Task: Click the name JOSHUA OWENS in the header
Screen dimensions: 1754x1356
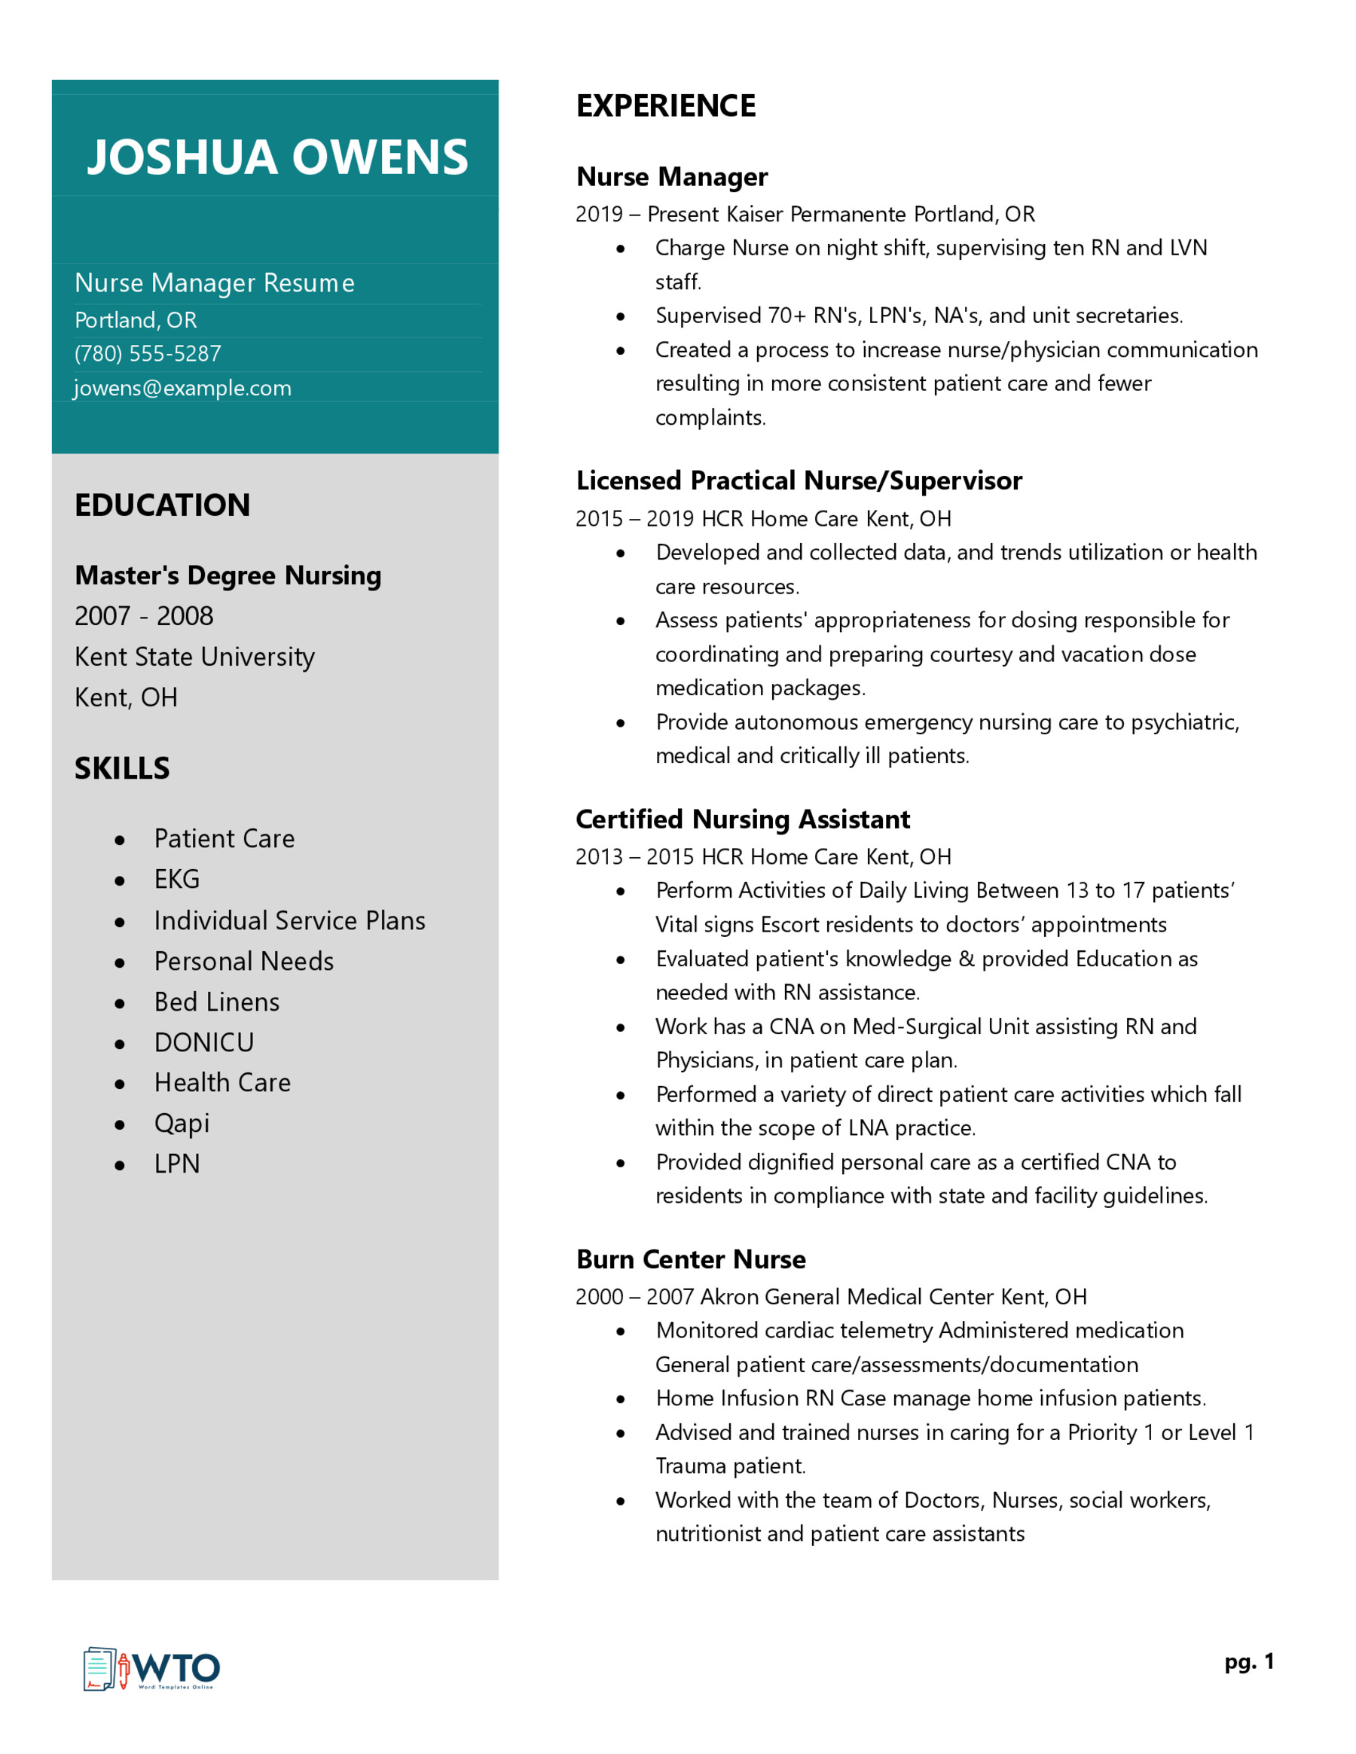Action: pyautogui.click(x=277, y=157)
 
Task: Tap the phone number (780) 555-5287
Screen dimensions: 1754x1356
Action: pyautogui.click(x=148, y=353)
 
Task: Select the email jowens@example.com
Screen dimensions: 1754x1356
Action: pyautogui.click(x=182, y=388)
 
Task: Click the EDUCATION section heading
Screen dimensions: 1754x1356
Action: pyautogui.click(x=162, y=505)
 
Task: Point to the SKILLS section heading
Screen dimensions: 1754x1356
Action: pyautogui.click(x=122, y=769)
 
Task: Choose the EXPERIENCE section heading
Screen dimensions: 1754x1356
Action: pyautogui.click(x=666, y=106)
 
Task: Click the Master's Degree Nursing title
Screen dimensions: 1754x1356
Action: pyautogui.click(x=228, y=576)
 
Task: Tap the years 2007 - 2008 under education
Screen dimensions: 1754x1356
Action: pyautogui.click(x=144, y=616)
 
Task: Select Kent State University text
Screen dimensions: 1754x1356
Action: pyautogui.click(x=194, y=657)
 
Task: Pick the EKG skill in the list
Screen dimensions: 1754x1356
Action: pyautogui.click(x=177, y=880)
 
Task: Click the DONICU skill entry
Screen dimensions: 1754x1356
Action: pyautogui.click(x=204, y=1042)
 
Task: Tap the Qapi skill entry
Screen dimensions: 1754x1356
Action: pyautogui.click(x=182, y=1124)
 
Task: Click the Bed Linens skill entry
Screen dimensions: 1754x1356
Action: pyautogui.click(x=217, y=1002)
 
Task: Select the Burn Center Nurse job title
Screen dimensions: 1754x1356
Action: pyautogui.click(x=691, y=1259)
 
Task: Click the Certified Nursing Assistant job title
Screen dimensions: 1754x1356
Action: pyautogui.click(x=743, y=819)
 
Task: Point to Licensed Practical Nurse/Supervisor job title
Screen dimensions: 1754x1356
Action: pyautogui.click(x=799, y=480)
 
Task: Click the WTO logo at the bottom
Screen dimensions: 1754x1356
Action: pyautogui.click(x=152, y=1668)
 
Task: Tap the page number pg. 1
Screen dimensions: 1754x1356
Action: pyautogui.click(x=1249, y=1661)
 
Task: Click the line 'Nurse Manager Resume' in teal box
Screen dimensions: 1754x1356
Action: pyautogui.click(x=215, y=282)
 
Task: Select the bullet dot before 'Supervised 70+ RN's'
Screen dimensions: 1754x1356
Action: pyautogui.click(x=621, y=316)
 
